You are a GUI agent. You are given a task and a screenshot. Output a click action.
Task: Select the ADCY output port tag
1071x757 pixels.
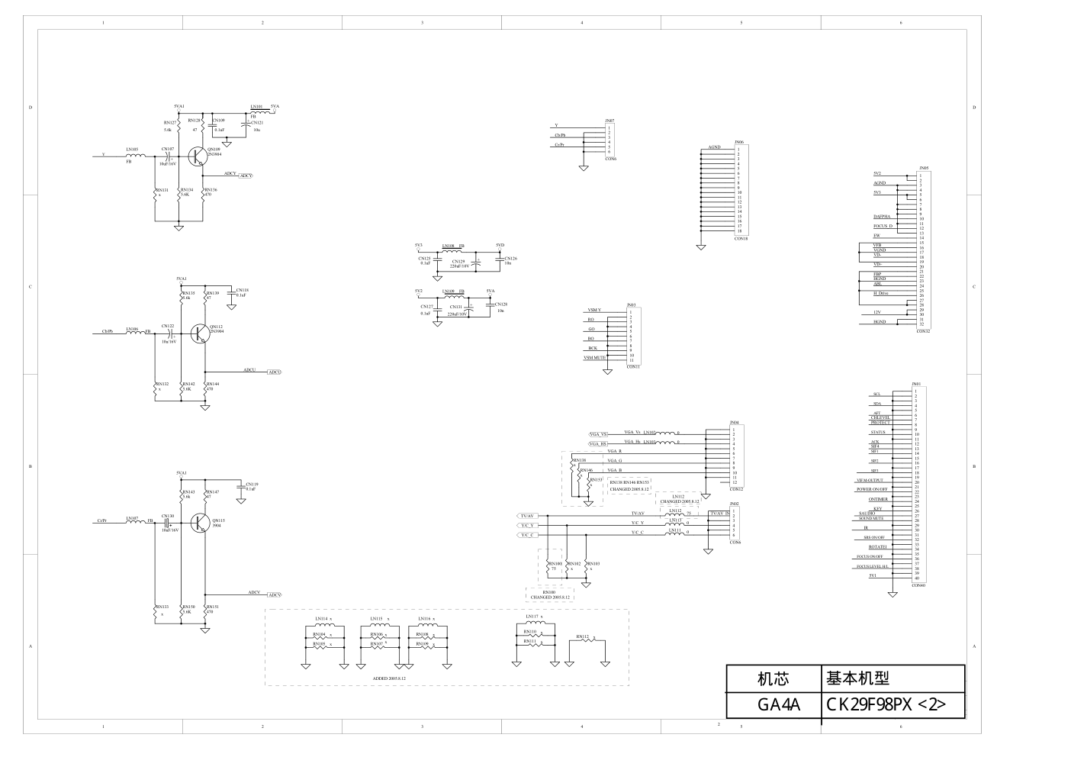pyautogui.click(x=246, y=176)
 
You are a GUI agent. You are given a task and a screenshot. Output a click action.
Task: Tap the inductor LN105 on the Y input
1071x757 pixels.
pyautogui.click(x=136, y=155)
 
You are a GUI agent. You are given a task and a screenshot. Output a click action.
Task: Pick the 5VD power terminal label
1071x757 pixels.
pyautogui.click(x=500, y=245)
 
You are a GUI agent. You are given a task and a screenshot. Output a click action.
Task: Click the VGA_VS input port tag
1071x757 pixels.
pyautogui.click(x=598, y=434)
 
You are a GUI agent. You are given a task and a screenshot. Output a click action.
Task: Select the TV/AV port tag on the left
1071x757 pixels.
pyautogui.click(x=528, y=516)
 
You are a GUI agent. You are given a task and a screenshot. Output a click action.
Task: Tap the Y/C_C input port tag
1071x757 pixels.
pyautogui.click(x=528, y=535)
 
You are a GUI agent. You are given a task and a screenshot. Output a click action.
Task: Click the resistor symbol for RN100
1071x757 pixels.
pyautogui.click(x=551, y=569)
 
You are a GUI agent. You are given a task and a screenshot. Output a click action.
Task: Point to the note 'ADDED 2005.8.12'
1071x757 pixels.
pyautogui.click(x=389, y=678)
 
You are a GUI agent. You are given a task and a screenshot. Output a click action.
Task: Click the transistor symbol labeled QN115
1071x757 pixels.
pyautogui.click(x=199, y=523)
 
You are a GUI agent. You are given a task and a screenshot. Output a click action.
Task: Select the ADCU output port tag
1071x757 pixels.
pyautogui.click(x=274, y=372)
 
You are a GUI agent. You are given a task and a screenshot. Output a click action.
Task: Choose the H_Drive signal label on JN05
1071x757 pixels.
pyautogui.click(x=881, y=293)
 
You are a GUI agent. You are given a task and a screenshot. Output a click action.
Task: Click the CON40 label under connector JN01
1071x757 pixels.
pyautogui.click(x=918, y=585)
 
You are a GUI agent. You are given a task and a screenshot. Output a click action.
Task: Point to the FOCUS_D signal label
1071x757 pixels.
pyautogui.click(x=883, y=226)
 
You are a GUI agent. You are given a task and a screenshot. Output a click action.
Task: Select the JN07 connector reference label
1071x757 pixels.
pyautogui.click(x=609, y=121)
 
